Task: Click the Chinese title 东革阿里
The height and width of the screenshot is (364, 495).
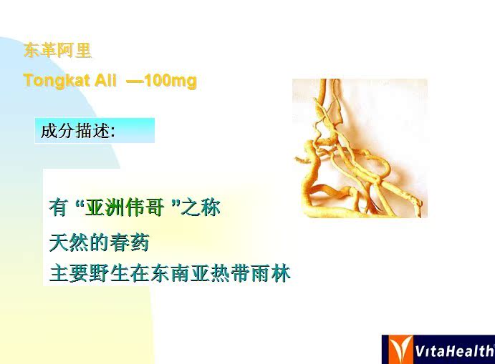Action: click(x=57, y=51)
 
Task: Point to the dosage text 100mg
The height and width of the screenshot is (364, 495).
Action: click(x=170, y=81)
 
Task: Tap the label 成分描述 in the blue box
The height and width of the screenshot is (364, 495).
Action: click(x=75, y=130)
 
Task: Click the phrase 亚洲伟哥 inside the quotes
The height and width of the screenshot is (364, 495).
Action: click(x=125, y=207)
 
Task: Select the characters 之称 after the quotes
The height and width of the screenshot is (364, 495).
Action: click(x=201, y=207)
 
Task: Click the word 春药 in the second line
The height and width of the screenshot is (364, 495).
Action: click(x=130, y=242)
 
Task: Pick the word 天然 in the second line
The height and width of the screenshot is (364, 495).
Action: click(x=69, y=242)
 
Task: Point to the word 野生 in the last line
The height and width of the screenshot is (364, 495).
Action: click(x=109, y=273)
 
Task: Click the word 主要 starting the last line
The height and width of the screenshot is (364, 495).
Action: click(x=69, y=273)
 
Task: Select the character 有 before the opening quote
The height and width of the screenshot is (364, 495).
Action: click(x=59, y=207)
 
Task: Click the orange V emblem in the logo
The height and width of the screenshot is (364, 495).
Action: click(x=400, y=349)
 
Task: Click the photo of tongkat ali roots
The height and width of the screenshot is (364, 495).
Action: click(x=360, y=148)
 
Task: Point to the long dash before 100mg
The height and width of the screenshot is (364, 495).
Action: click(x=135, y=82)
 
